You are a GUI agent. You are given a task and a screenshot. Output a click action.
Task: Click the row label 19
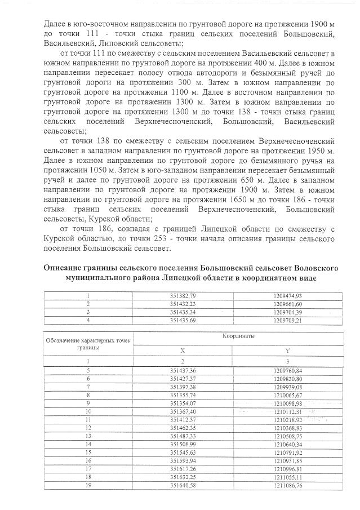click(x=88, y=486)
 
